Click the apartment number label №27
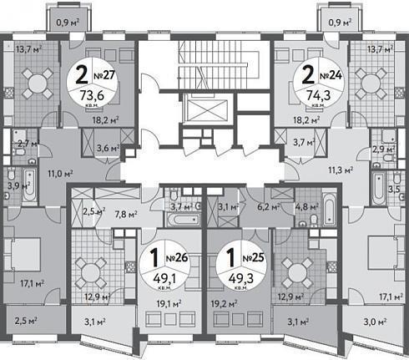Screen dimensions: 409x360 pos(104,75)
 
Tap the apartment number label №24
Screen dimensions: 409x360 pos(331,75)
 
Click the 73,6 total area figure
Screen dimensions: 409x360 pos(92,95)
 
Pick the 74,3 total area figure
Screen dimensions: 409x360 pos(319,95)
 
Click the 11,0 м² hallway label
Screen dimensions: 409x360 pos(60,175)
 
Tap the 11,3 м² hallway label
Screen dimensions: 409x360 pos(341,170)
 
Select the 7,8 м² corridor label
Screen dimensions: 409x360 pos(126,214)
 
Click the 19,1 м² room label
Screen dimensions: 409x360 pos(169,303)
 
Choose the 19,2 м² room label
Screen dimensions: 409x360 pos(225,303)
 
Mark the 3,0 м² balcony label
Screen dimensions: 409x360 pos(375,322)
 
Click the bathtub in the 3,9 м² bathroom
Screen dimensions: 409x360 pos(29,185)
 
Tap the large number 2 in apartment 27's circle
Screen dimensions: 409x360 pos(82,75)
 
